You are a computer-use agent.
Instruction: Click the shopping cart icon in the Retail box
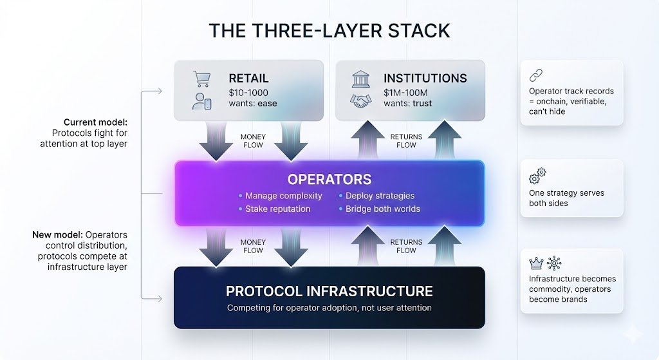[x=201, y=79]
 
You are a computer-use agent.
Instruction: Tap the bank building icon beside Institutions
[x=361, y=79]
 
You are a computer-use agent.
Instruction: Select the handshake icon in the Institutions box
[x=361, y=101]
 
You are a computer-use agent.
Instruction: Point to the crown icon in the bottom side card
[x=535, y=263]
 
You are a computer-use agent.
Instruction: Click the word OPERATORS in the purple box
[x=329, y=180]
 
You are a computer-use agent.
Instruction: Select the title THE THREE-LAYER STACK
[x=329, y=30]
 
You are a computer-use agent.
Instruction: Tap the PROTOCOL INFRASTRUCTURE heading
[x=329, y=291]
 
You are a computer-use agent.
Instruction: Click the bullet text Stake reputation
[x=277, y=209]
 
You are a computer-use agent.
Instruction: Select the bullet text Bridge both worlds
[x=382, y=209]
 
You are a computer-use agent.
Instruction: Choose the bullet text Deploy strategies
[x=380, y=196]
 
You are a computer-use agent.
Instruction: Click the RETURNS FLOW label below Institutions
[x=406, y=141]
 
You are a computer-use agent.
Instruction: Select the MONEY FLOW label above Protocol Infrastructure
[x=253, y=246]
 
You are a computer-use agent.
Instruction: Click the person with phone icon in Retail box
[x=202, y=101]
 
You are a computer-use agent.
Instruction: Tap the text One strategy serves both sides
[x=566, y=198]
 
